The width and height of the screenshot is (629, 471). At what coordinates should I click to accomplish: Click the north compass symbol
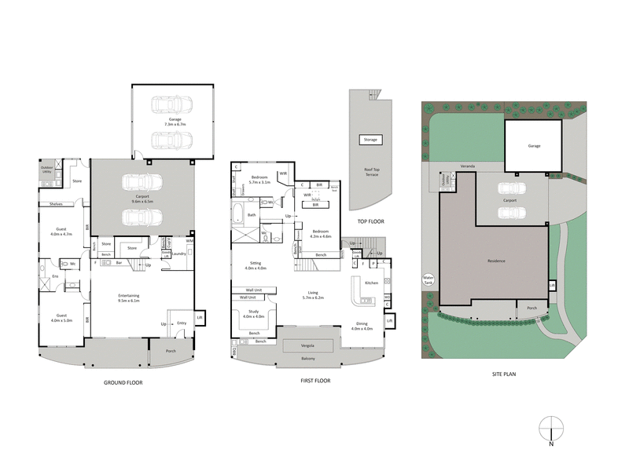click(552, 428)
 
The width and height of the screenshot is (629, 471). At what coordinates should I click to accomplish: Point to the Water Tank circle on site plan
click(429, 279)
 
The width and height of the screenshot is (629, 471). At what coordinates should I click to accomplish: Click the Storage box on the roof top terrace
click(370, 140)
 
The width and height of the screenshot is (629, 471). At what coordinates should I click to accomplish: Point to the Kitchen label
click(372, 282)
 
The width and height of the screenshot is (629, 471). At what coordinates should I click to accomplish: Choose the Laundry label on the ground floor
click(178, 253)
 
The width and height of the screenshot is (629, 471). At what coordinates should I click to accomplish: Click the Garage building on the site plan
click(534, 146)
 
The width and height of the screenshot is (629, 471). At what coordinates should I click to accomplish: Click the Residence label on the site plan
click(495, 261)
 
